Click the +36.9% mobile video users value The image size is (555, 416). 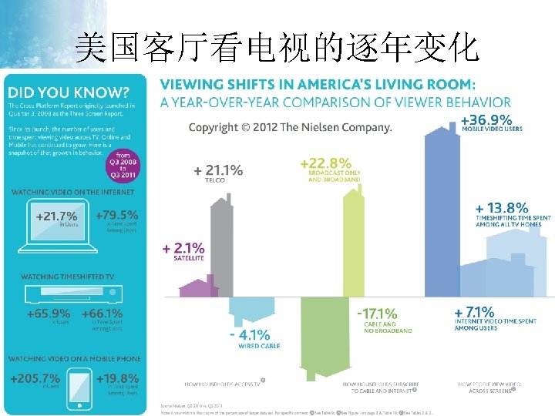[x=486, y=119]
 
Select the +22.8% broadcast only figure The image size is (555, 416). [x=325, y=163]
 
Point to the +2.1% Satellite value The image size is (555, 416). [x=183, y=248]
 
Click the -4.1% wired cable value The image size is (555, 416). [x=249, y=335]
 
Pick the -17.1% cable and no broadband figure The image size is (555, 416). [x=377, y=314]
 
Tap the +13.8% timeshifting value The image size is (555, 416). [x=502, y=207]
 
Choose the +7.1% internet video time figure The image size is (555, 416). [x=474, y=312]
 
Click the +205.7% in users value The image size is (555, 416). [x=35, y=378]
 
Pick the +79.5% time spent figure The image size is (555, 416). [x=116, y=216]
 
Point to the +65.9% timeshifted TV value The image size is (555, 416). [x=49, y=314]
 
